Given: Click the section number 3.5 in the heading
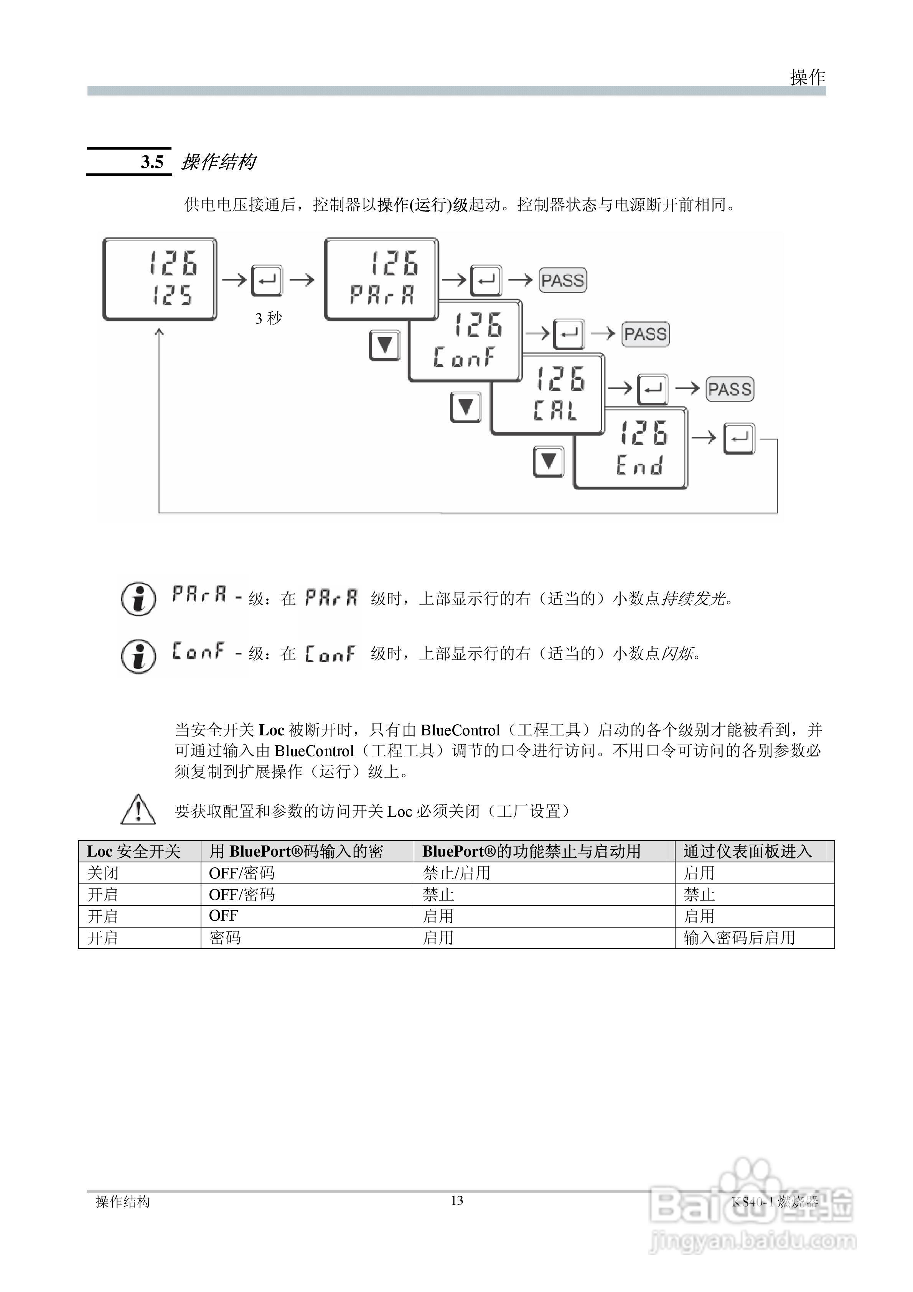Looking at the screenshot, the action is (152, 162).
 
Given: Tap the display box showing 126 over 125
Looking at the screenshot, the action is (159, 279).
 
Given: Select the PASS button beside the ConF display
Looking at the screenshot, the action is (646, 334).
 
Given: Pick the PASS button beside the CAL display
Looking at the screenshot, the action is (730, 389).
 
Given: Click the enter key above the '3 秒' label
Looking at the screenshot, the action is (267, 280).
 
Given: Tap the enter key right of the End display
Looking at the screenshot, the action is (739, 438).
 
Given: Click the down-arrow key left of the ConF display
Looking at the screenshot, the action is (384, 345).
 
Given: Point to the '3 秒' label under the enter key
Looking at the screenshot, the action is (268, 318).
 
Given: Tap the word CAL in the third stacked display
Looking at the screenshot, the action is (555, 410).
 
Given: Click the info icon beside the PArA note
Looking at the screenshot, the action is (138, 599).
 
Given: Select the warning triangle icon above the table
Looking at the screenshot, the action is (138, 810).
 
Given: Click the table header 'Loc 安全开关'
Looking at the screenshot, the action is (133, 851).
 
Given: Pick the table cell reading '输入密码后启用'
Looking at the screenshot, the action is (739, 938).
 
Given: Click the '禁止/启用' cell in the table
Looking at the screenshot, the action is (456, 873).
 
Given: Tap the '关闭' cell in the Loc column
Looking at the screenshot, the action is (103, 873).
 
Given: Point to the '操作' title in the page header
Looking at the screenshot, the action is (807, 77).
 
